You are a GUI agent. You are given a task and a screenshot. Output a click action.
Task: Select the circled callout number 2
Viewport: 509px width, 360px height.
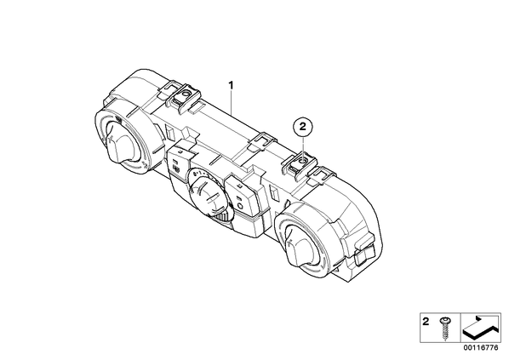coord(303,127)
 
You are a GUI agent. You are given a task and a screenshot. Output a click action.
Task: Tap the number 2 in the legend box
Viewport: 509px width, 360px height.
coord(426,322)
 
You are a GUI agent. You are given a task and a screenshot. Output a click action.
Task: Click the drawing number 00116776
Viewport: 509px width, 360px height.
coord(482,347)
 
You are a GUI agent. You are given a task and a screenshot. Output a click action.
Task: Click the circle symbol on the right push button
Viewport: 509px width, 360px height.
coord(240,205)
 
